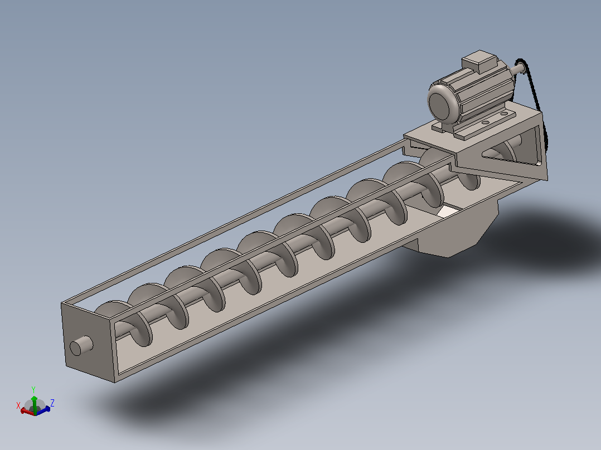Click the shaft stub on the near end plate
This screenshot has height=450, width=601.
pyautogui.click(x=81, y=345)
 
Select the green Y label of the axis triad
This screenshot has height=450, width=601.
pyautogui.click(x=33, y=390)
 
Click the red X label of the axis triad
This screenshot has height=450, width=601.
pyautogui.click(x=18, y=405)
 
